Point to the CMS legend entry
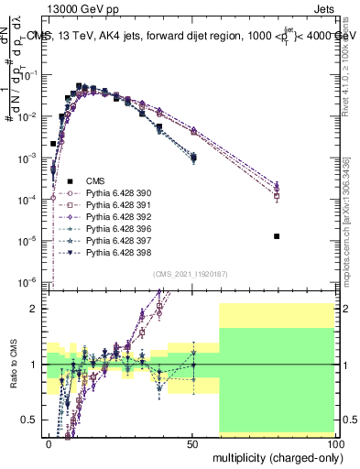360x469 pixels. [85, 180]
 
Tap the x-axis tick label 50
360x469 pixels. [191, 443]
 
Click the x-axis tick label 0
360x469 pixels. [49, 443]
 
